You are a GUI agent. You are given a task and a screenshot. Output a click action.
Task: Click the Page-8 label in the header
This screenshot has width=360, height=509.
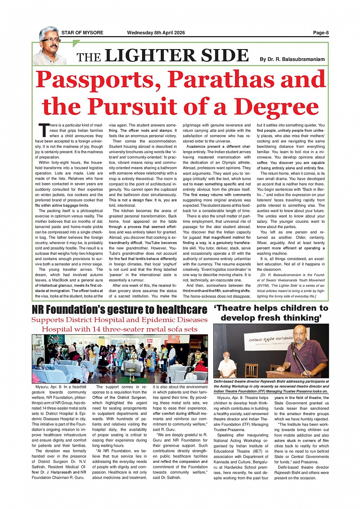click(321, 33)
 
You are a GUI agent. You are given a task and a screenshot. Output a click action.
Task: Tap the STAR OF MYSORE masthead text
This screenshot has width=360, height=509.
click(82, 33)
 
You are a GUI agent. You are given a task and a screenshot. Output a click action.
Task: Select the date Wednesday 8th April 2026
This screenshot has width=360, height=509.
click(156, 33)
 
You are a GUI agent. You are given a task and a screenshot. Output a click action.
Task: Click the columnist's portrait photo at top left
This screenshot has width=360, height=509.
click(50, 46)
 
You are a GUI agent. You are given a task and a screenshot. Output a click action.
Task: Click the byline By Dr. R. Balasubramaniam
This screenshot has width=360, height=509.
click(292, 59)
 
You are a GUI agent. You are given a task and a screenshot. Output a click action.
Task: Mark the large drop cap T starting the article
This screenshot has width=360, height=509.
click(43, 130)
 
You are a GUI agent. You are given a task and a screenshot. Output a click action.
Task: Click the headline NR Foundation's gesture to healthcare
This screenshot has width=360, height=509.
click(119, 310)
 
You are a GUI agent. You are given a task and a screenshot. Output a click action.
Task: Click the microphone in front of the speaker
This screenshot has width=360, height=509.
click(293, 346)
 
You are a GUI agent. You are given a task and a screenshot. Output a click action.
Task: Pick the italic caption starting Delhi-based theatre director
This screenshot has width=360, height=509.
click(271, 386)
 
